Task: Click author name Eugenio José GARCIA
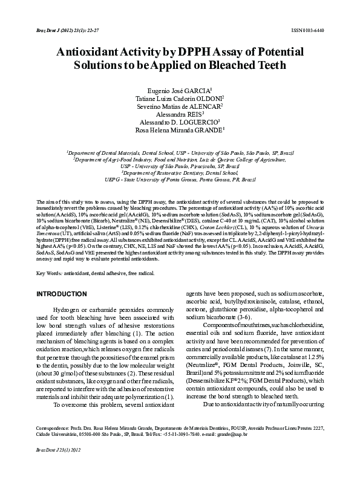pyautogui.click(x=179, y=89)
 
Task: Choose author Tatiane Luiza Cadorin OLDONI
pyautogui.click(x=179, y=97)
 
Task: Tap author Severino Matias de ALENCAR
pyautogui.click(x=179, y=105)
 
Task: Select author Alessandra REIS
pyautogui.click(x=179, y=113)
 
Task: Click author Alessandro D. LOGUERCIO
pyautogui.click(x=179, y=121)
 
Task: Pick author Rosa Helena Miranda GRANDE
pyautogui.click(x=179, y=129)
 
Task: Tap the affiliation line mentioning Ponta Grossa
pyautogui.click(x=179, y=180)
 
